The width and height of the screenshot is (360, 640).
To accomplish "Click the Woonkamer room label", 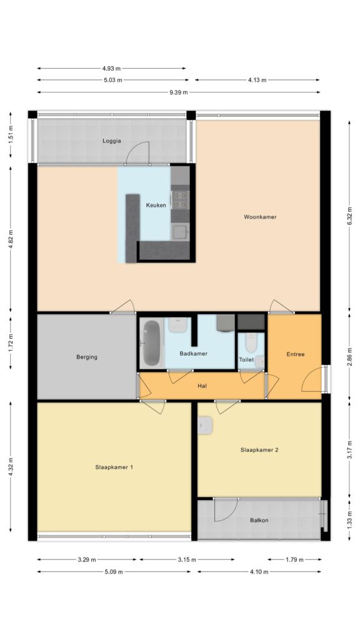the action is coord(260,217).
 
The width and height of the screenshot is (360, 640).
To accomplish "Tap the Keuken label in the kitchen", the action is coord(156,205).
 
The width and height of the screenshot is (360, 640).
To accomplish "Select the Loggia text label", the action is coord(111,141).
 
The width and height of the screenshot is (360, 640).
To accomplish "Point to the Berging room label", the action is coord(87,357).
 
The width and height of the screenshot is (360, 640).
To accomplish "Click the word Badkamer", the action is coord(194,354).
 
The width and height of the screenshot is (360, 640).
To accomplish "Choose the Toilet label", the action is coord(246,359).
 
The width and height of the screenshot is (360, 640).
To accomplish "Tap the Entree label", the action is coord(296,354).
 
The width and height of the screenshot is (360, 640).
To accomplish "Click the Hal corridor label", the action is coord(202,385).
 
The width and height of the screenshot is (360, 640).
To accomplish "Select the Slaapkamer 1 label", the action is coord(114,467).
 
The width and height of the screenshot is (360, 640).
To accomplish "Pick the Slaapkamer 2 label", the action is coord(259,450).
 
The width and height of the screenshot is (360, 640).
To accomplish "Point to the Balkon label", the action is coord(259,521).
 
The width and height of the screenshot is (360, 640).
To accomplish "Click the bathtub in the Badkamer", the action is coord(151,343).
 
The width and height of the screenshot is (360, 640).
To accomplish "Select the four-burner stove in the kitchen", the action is coord(180,200).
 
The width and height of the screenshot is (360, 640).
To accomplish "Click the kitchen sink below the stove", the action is coord(180,232).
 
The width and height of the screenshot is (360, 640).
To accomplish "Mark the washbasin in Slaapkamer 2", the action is coord(205,426).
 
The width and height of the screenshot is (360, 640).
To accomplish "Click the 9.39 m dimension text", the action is coord(179,92).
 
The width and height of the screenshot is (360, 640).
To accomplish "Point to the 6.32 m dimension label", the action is coord(350,216).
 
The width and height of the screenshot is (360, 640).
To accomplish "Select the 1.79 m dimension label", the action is coord(295,559).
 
